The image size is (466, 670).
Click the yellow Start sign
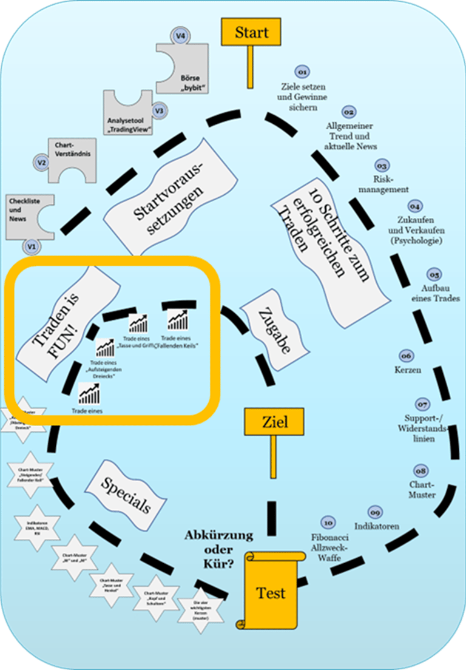(250, 32)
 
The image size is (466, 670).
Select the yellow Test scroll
(271, 592)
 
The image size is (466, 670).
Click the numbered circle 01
(302, 72)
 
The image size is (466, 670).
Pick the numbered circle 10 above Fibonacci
(328, 523)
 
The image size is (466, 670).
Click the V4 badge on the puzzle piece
(180, 36)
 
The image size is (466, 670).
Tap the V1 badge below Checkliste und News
(32, 246)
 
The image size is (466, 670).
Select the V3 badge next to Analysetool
(159, 111)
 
